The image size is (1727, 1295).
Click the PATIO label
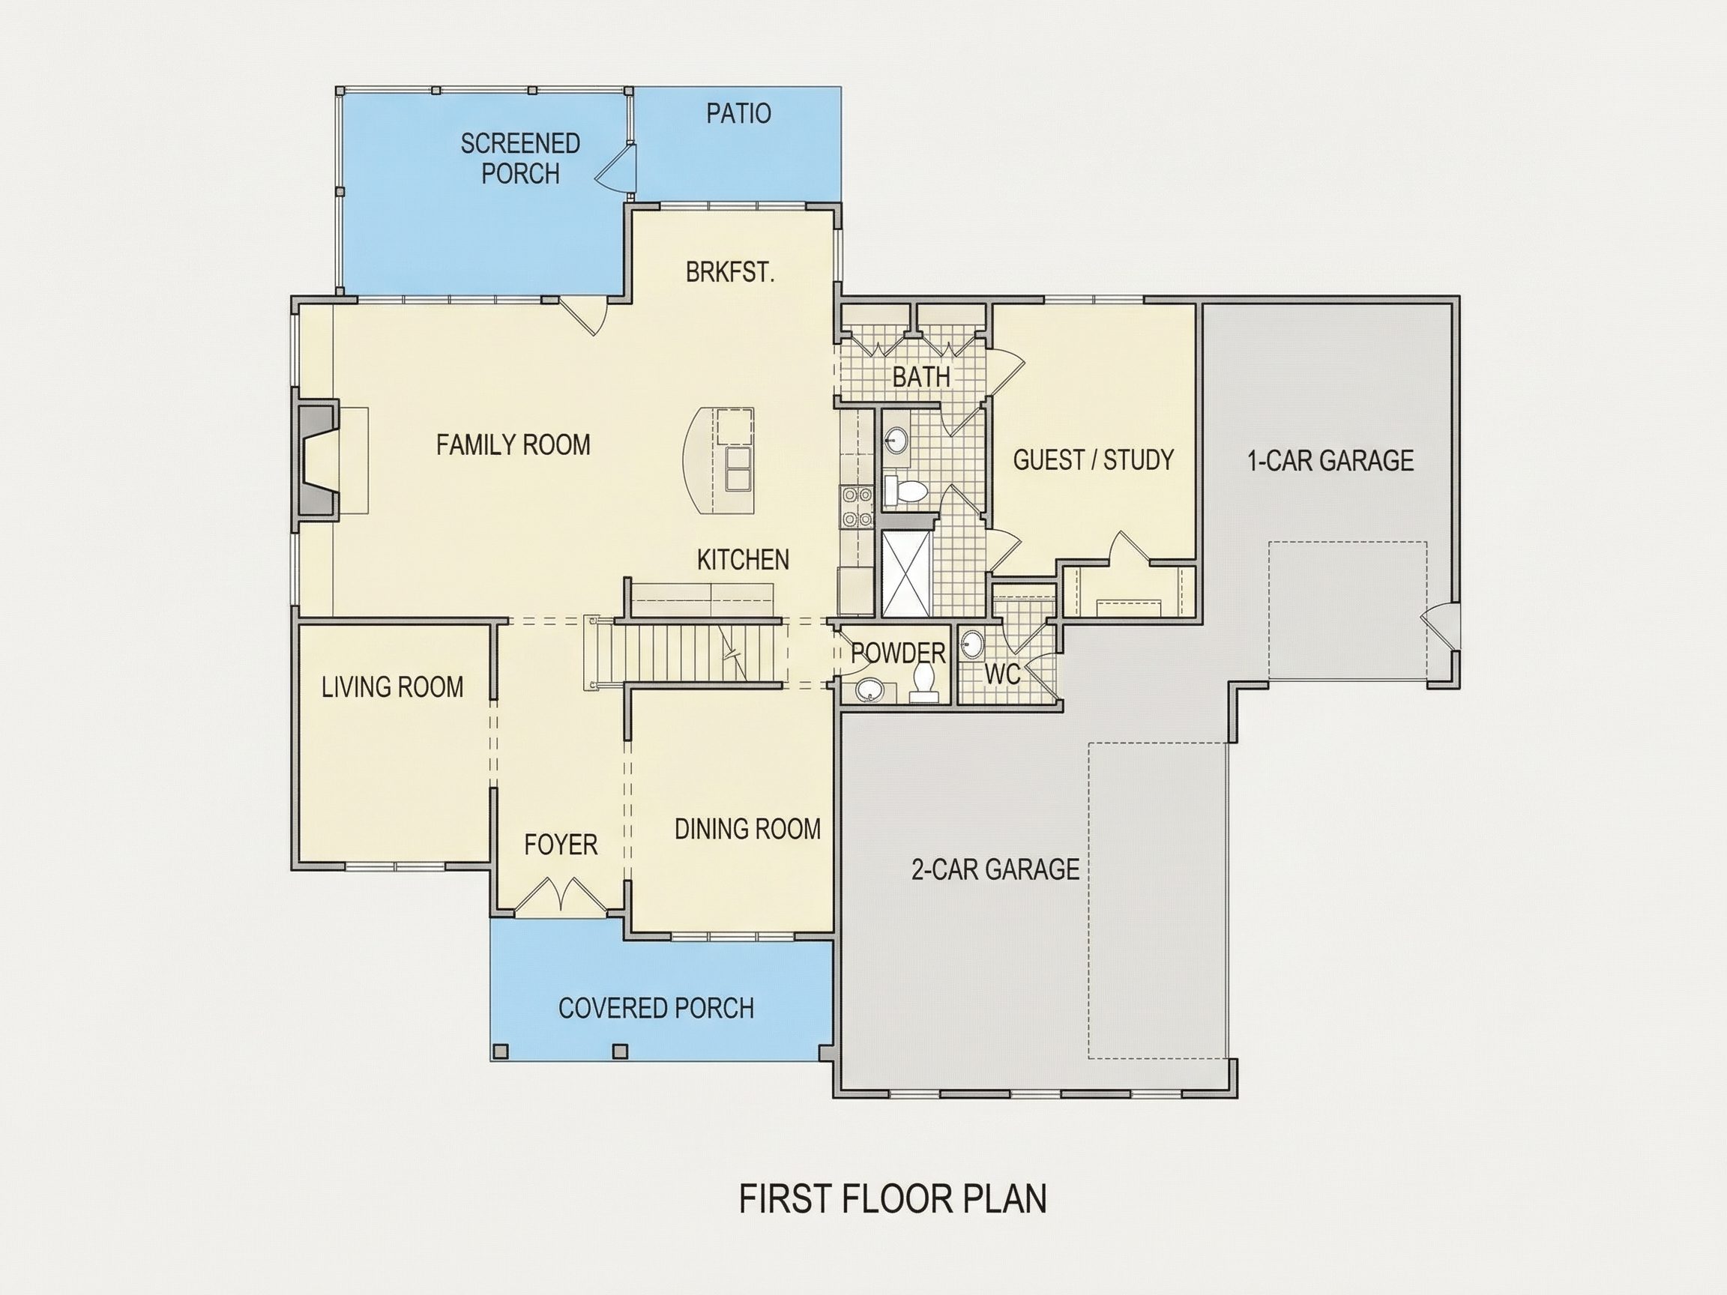click(x=738, y=114)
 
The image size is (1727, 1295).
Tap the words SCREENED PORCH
click(x=520, y=158)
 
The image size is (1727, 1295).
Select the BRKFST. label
click(x=730, y=273)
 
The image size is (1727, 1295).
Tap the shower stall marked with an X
click(x=906, y=574)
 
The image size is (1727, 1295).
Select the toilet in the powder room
click(x=923, y=679)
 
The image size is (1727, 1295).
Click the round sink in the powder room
click(x=868, y=690)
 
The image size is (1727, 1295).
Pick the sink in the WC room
click(x=971, y=645)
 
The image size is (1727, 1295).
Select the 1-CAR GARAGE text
click(x=1330, y=461)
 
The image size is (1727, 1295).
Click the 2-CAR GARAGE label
click(x=995, y=869)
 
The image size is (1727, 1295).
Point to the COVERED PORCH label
click(x=656, y=1009)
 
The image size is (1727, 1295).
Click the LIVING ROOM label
click(x=393, y=687)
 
